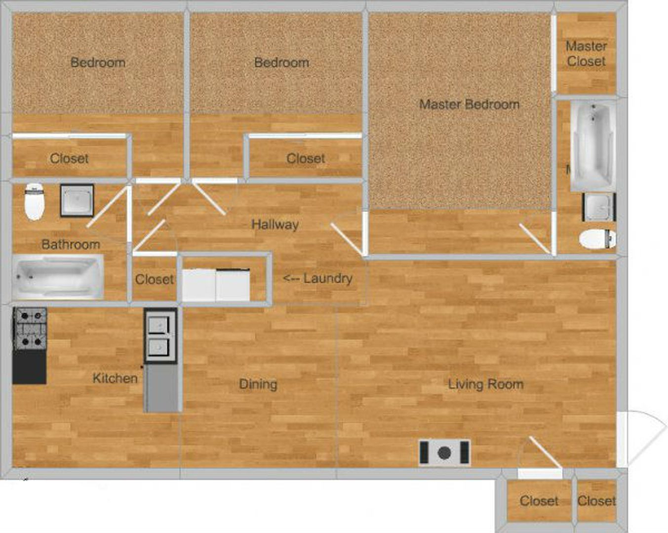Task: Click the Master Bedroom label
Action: coord(469,105)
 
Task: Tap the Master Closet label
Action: coord(586,54)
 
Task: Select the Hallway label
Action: coord(275,225)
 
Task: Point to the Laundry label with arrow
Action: coord(317,278)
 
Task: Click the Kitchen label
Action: coord(115,379)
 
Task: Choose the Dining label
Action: coord(258,384)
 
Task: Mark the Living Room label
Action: coord(486,384)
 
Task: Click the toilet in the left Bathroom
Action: coord(35,201)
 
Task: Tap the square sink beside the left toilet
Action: coord(77,200)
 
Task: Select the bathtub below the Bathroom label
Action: coord(58,277)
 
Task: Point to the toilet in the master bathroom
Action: coord(597,239)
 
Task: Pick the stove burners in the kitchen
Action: coord(30,328)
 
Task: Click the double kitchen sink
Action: coord(160,336)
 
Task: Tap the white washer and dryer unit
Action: coord(216,285)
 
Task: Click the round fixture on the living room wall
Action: coord(444,453)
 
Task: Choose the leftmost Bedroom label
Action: coord(98,63)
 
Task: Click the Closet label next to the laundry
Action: coord(155,280)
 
